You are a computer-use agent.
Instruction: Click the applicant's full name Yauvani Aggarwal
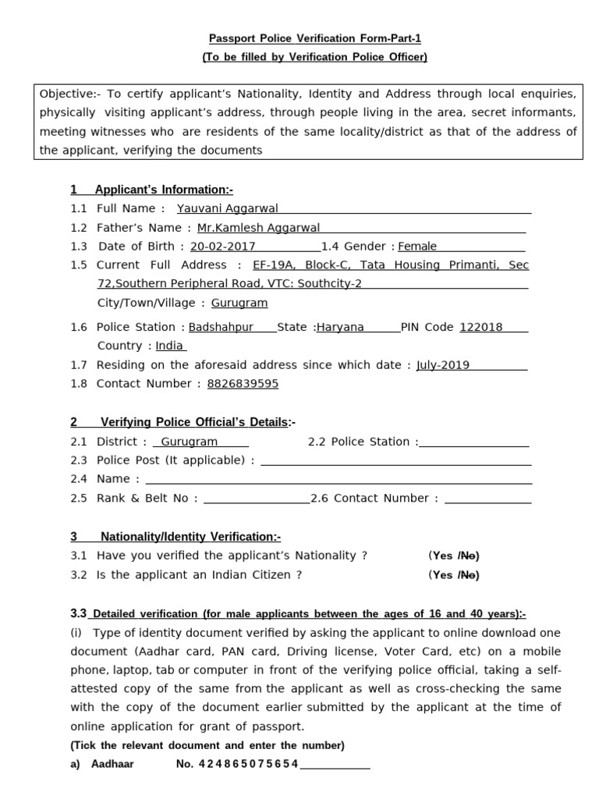[227, 208]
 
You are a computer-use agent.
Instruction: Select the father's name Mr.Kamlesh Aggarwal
[258, 228]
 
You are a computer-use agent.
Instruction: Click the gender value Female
[417, 247]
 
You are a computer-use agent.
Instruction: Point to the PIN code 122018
[481, 327]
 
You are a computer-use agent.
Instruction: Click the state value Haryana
[341, 327]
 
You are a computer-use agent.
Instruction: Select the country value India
[169, 346]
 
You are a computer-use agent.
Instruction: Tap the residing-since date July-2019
[443, 364]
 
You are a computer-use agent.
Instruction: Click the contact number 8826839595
[243, 383]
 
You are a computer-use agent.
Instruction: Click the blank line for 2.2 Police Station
[474, 442]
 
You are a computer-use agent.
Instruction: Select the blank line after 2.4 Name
[338, 480]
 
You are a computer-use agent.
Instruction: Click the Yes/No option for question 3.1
[454, 556]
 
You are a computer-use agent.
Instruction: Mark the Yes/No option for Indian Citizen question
[454, 575]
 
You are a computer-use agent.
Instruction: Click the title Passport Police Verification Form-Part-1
[315, 38]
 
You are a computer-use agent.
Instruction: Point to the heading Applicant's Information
[163, 190]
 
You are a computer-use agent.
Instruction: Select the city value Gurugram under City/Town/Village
[239, 303]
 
